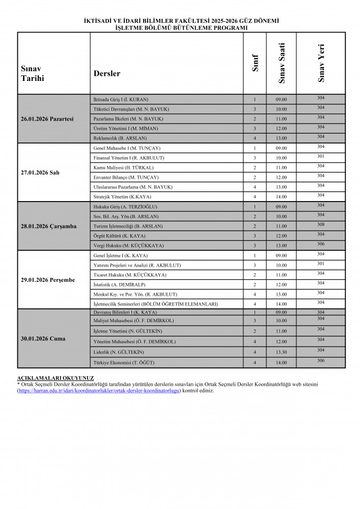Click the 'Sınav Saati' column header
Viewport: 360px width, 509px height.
282,63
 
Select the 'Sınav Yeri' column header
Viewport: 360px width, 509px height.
321,63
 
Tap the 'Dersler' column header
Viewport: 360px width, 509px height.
107,73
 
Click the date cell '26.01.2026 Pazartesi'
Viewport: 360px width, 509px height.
47,119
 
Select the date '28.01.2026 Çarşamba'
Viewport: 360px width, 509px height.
49,226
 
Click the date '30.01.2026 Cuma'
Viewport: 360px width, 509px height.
43,338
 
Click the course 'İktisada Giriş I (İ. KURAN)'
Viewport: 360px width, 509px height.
121,99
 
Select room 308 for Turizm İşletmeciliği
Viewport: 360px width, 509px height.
321,224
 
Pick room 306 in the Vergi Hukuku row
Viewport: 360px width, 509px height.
321,244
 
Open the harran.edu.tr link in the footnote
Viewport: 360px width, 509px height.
99,391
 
